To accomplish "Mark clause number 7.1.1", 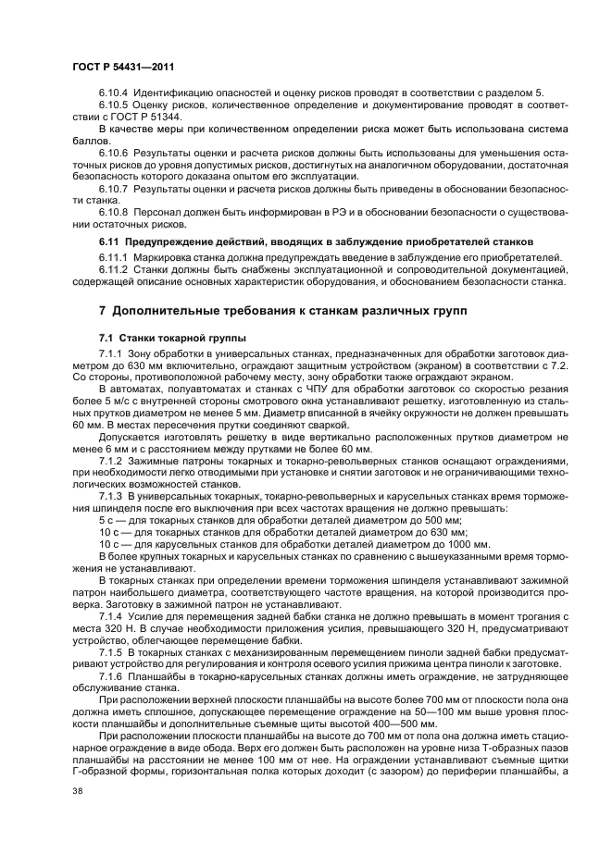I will (x=111, y=354).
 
